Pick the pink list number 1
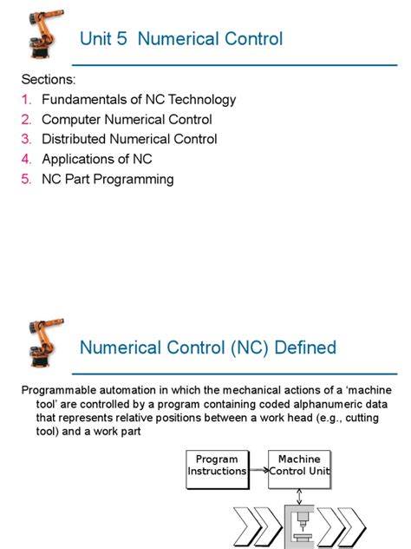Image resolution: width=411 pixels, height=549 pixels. pyautogui.click(x=26, y=100)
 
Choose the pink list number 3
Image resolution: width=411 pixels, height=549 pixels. pyautogui.click(x=26, y=139)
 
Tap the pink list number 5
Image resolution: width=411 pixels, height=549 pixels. pyautogui.click(x=26, y=179)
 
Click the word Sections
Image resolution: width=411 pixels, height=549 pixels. pyautogui.click(x=49, y=80)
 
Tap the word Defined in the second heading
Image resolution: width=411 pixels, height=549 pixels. pyautogui.click(x=305, y=348)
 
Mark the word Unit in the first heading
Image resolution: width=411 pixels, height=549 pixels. pyautogui.click(x=95, y=39)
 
